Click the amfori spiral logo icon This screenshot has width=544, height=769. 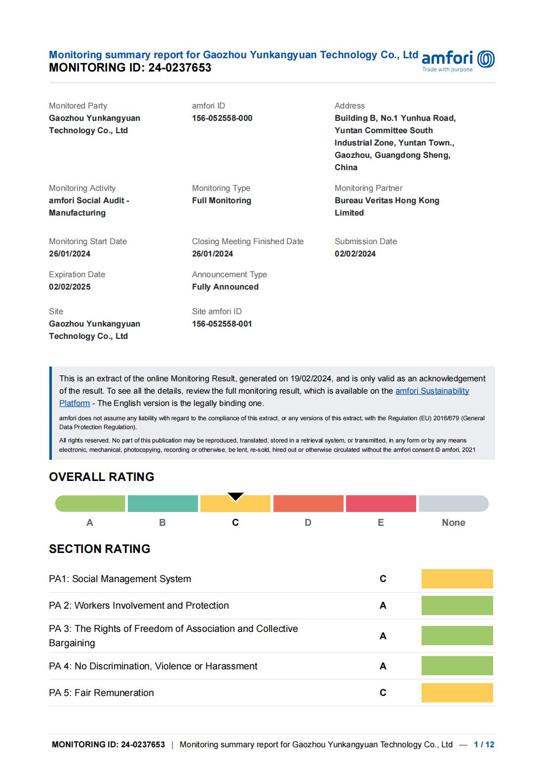pyautogui.click(x=486, y=59)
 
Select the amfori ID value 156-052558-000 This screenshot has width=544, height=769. pyautogui.click(x=222, y=118)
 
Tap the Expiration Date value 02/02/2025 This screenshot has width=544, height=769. pyautogui.click(x=70, y=287)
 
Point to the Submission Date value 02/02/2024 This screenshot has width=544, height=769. pyautogui.click(x=355, y=254)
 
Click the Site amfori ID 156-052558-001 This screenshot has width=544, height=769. pyautogui.click(x=222, y=324)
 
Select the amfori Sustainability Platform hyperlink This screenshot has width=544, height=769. pyautogui.click(x=432, y=391)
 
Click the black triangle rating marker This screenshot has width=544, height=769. pyautogui.click(x=235, y=496)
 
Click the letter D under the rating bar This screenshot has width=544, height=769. pyautogui.click(x=308, y=523)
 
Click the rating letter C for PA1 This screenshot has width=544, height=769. pyautogui.click(x=383, y=579)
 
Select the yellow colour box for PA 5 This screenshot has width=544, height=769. pyautogui.click(x=457, y=693)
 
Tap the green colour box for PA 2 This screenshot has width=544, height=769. pyautogui.click(x=457, y=606)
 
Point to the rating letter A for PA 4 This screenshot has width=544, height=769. pyautogui.click(x=383, y=666)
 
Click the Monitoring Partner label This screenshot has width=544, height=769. pyautogui.click(x=368, y=188)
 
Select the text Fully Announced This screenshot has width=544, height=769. pyautogui.click(x=225, y=287)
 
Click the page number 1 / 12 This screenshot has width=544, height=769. pyautogui.click(x=484, y=745)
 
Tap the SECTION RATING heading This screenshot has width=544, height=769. pyautogui.click(x=99, y=549)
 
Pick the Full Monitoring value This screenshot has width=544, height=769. pyautogui.click(x=222, y=201)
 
